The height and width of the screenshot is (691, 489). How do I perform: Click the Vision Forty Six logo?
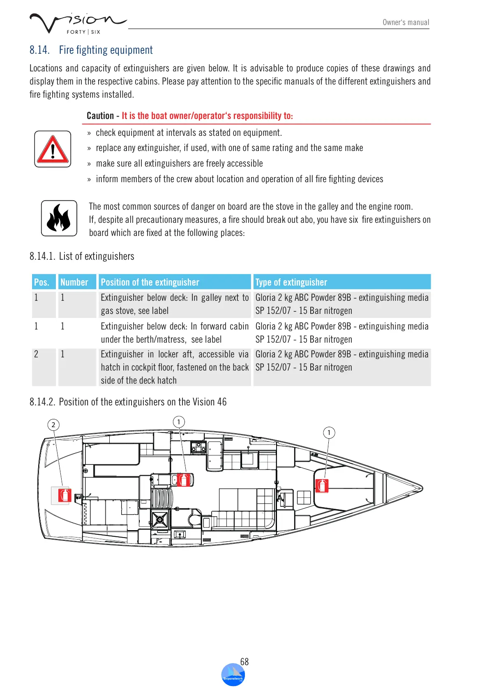pos(77,23)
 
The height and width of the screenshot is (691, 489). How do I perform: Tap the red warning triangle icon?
pos(53,149)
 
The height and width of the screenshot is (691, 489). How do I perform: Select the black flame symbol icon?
pos(59,218)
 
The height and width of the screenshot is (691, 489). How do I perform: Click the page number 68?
pos(244,661)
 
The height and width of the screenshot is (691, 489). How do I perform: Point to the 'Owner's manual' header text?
pos(406,23)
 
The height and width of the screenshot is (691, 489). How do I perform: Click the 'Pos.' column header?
pos(42,282)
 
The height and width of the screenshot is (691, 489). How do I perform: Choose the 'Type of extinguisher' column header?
pos(291,282)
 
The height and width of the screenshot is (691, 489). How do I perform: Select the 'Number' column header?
pos(74,282)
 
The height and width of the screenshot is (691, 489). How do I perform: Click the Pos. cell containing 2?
pos(37,354)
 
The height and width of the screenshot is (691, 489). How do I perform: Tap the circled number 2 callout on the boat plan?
pos(53,425)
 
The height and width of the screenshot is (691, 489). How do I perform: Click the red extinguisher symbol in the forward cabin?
pos(322,485)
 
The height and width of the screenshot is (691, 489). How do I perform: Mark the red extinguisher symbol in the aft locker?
pos(65,495)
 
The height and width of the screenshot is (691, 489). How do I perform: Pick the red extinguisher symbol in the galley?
pos(184,479)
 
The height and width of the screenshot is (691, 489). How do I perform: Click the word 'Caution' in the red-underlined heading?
pos(100,116)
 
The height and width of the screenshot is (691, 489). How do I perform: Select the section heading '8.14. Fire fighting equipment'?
pos(91,50)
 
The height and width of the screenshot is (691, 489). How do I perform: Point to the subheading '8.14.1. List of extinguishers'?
pos(82,256)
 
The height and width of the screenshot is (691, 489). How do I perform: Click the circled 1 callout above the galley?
pos(179,422)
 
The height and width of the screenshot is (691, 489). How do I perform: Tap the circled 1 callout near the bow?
pos(329,432)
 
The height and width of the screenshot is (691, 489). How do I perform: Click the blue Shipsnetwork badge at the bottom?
pos(233,675)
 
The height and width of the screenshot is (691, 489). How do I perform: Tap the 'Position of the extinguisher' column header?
pos(150,282)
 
